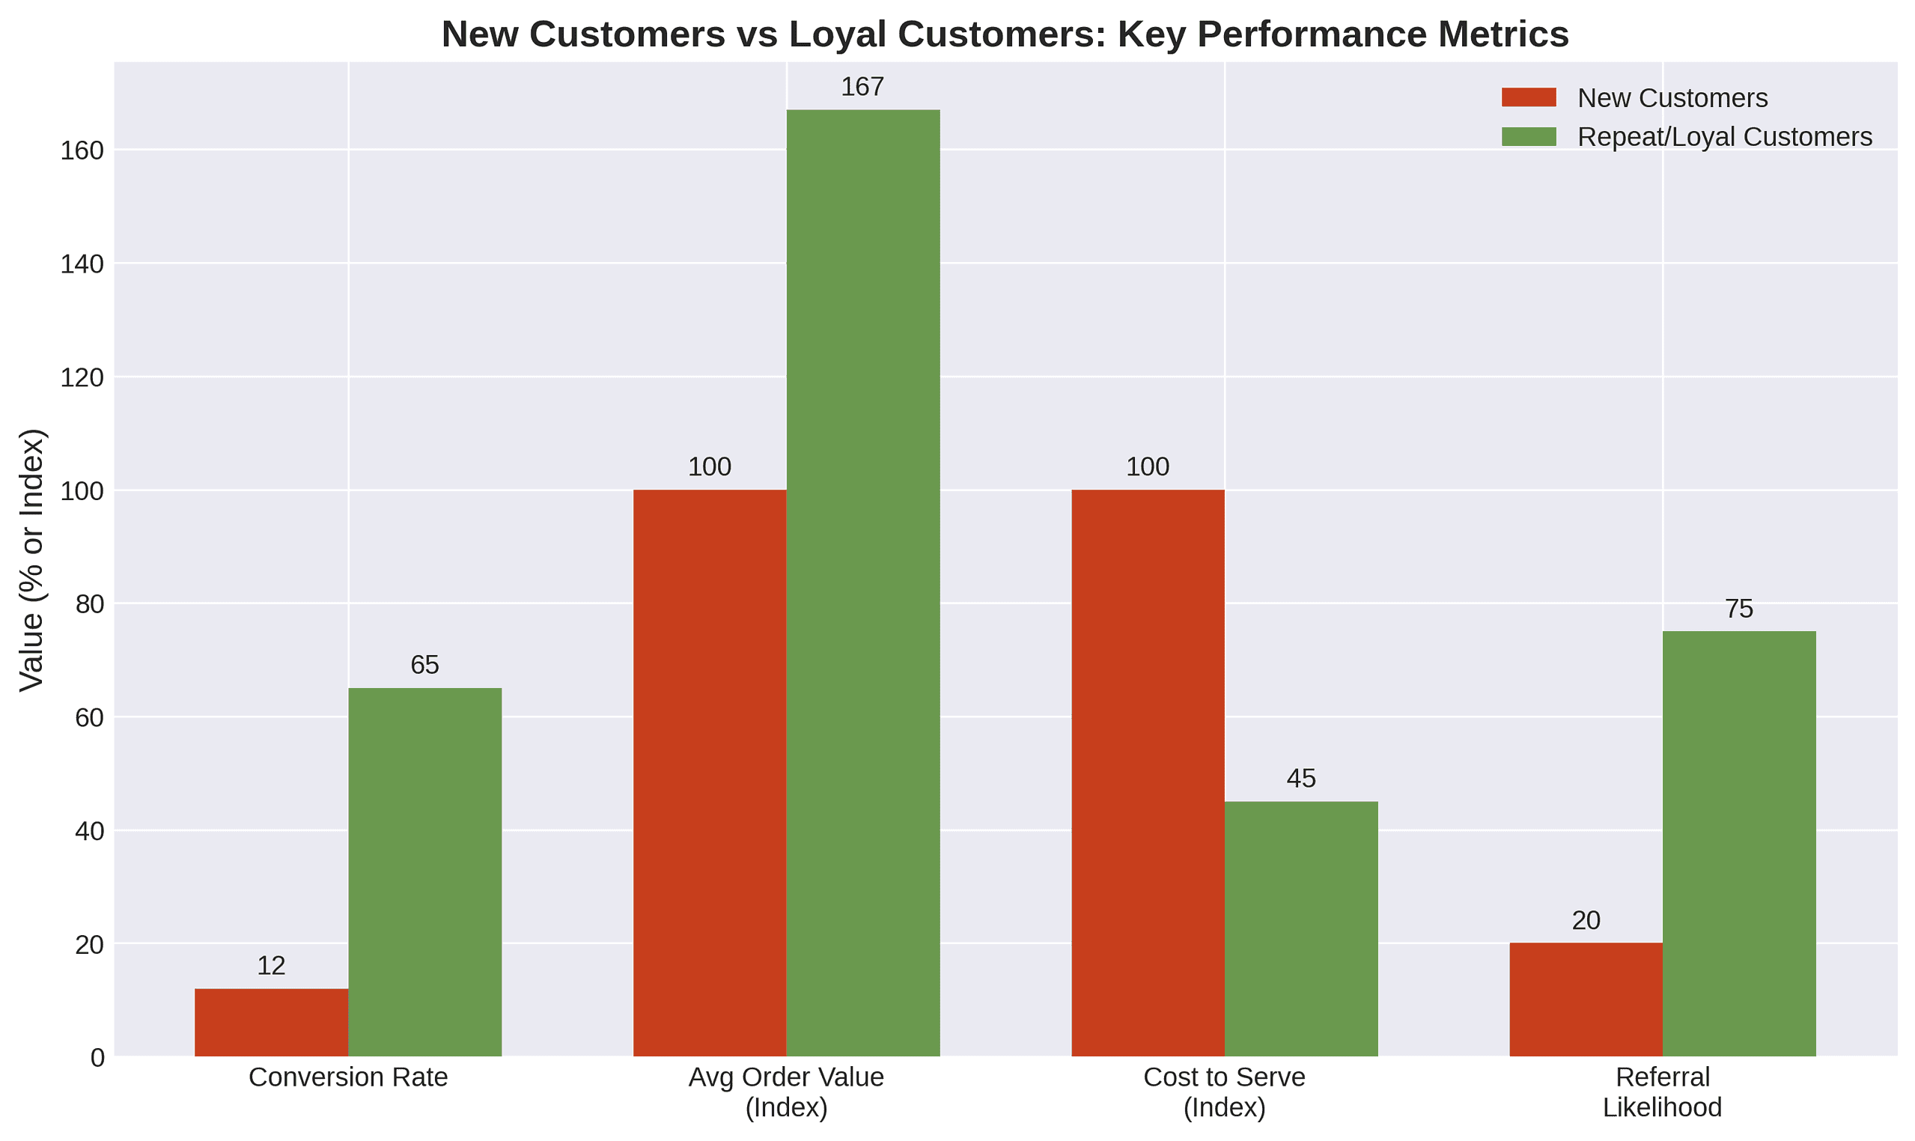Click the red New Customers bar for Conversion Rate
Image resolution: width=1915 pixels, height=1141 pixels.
(270, 1022)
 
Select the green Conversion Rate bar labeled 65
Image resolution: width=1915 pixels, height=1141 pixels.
(424, 872)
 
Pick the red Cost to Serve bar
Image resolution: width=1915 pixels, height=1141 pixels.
(1147, 773)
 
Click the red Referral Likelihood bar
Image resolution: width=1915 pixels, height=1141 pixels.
(1585, 999)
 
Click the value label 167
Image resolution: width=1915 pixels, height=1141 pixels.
(862, 87)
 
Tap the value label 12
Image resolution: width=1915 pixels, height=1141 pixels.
(270, 966)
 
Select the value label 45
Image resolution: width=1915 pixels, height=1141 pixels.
(1301, 779)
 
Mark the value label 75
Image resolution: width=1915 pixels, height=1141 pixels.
(1739, 609)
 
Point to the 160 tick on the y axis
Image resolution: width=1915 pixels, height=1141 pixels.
(82, 150)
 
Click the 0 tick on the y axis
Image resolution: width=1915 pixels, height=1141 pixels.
(97, 1058)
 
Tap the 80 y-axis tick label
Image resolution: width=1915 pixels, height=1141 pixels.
(89, 604)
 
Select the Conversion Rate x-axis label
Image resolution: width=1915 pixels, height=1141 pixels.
(347, 1077)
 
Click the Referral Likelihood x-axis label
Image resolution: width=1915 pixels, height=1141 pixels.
(1662, 1092)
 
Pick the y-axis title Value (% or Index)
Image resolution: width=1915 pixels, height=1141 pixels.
(32, 560)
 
